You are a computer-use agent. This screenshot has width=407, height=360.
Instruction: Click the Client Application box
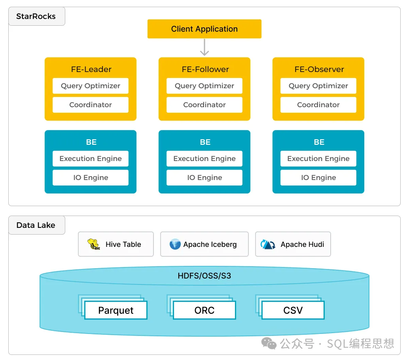click(x=204, y=29)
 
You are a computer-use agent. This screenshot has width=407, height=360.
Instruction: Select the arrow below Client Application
click(x=204, y=47)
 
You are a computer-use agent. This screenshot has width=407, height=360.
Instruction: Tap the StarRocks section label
click(x=36, y=17)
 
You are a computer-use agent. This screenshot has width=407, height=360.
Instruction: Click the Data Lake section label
click(x=36, y=225)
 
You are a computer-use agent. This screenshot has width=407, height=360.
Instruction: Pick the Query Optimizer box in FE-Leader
click(x=91, y=86)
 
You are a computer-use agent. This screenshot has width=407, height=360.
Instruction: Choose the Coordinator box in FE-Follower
click(x=204, y=105)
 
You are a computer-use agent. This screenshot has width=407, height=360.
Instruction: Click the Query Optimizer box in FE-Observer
click(x=318, y=86)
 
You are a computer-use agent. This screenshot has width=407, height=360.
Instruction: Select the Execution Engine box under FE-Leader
click(x=91, y=159)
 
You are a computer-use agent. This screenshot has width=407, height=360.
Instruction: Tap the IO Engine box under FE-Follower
click(x=204, y=178)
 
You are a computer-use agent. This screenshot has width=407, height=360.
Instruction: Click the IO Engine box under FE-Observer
click(x=318, y=178)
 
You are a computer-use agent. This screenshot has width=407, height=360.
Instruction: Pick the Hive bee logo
click(x=94, y=244)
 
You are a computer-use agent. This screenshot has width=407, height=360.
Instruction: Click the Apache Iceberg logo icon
click(x=175, y=244)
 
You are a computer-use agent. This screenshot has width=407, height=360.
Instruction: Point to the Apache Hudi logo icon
click(x=268, y=244)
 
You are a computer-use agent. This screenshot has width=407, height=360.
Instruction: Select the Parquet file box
click(x=115, y=310)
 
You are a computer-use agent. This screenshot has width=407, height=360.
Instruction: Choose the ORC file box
click(x=204, y=310)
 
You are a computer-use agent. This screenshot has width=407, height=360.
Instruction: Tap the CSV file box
click(x=293, y=310)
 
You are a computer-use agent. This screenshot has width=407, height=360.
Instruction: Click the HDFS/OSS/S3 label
click(x=204, y=275)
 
